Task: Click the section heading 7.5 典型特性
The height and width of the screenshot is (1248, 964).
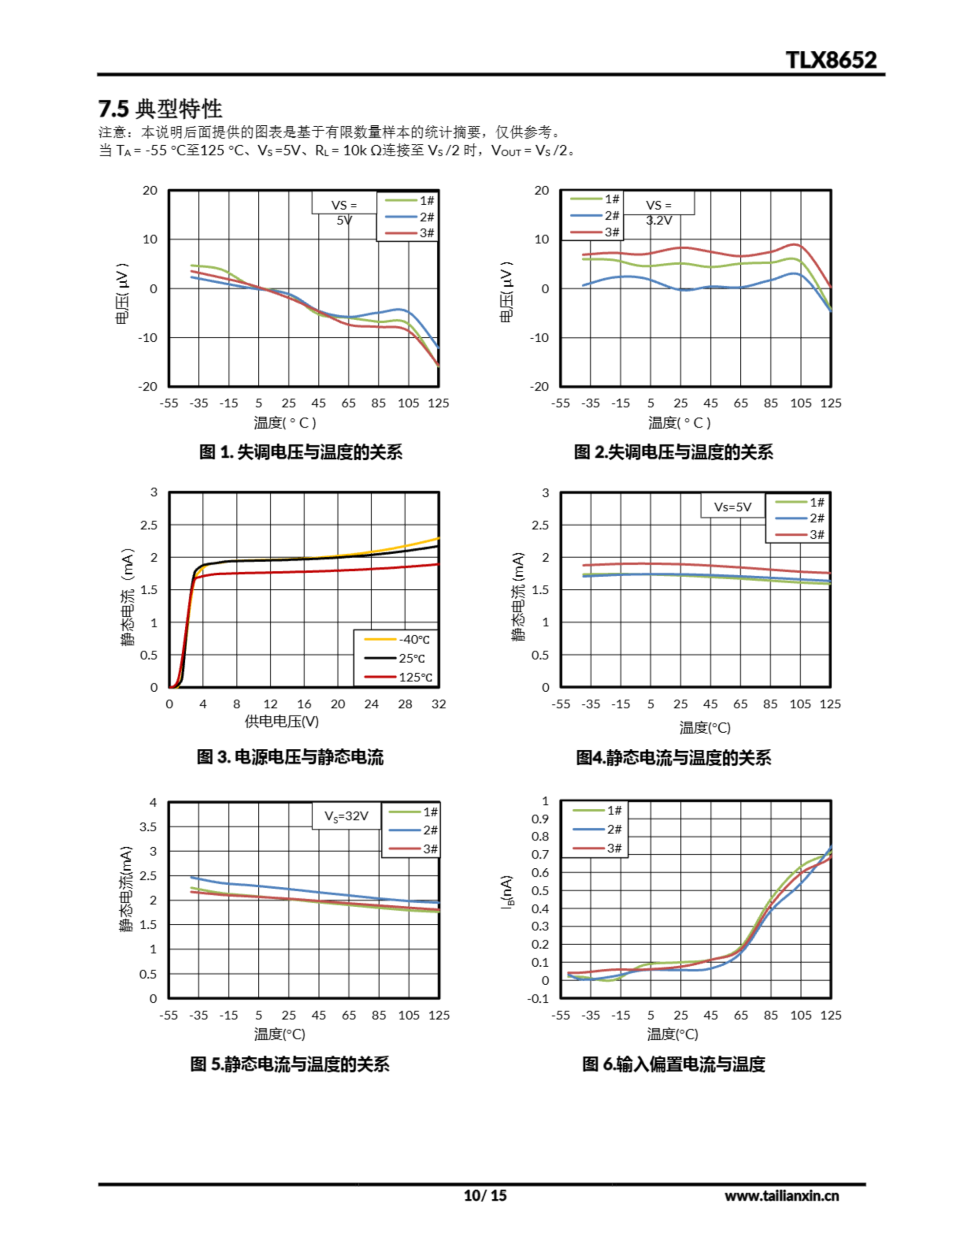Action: point(160,109)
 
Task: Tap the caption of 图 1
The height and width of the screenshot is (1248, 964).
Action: point(301,452)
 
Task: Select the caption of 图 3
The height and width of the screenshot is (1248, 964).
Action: point(290,757)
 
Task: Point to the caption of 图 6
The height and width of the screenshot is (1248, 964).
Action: point(673,1064)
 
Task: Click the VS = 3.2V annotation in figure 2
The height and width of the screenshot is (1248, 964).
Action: point(659,212)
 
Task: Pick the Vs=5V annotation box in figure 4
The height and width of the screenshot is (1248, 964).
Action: point(733,507)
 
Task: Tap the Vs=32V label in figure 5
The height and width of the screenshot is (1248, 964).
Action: point(347,816)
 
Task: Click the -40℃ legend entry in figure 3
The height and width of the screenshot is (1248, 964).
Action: point(398,640)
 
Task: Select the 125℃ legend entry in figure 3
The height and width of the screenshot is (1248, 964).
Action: point(398,677)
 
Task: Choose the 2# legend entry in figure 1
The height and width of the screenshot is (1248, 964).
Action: point(410,216)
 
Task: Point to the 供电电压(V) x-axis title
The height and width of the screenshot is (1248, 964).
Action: point(282,721)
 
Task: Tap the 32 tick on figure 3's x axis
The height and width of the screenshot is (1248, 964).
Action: point(438,704)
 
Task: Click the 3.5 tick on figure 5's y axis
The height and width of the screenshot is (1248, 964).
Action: point(148,827)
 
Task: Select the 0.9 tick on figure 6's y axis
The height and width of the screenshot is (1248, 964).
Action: point(540,819)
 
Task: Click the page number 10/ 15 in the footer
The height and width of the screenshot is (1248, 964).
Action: point(485,1195)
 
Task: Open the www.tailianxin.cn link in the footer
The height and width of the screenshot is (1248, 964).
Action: point(781,1195)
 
